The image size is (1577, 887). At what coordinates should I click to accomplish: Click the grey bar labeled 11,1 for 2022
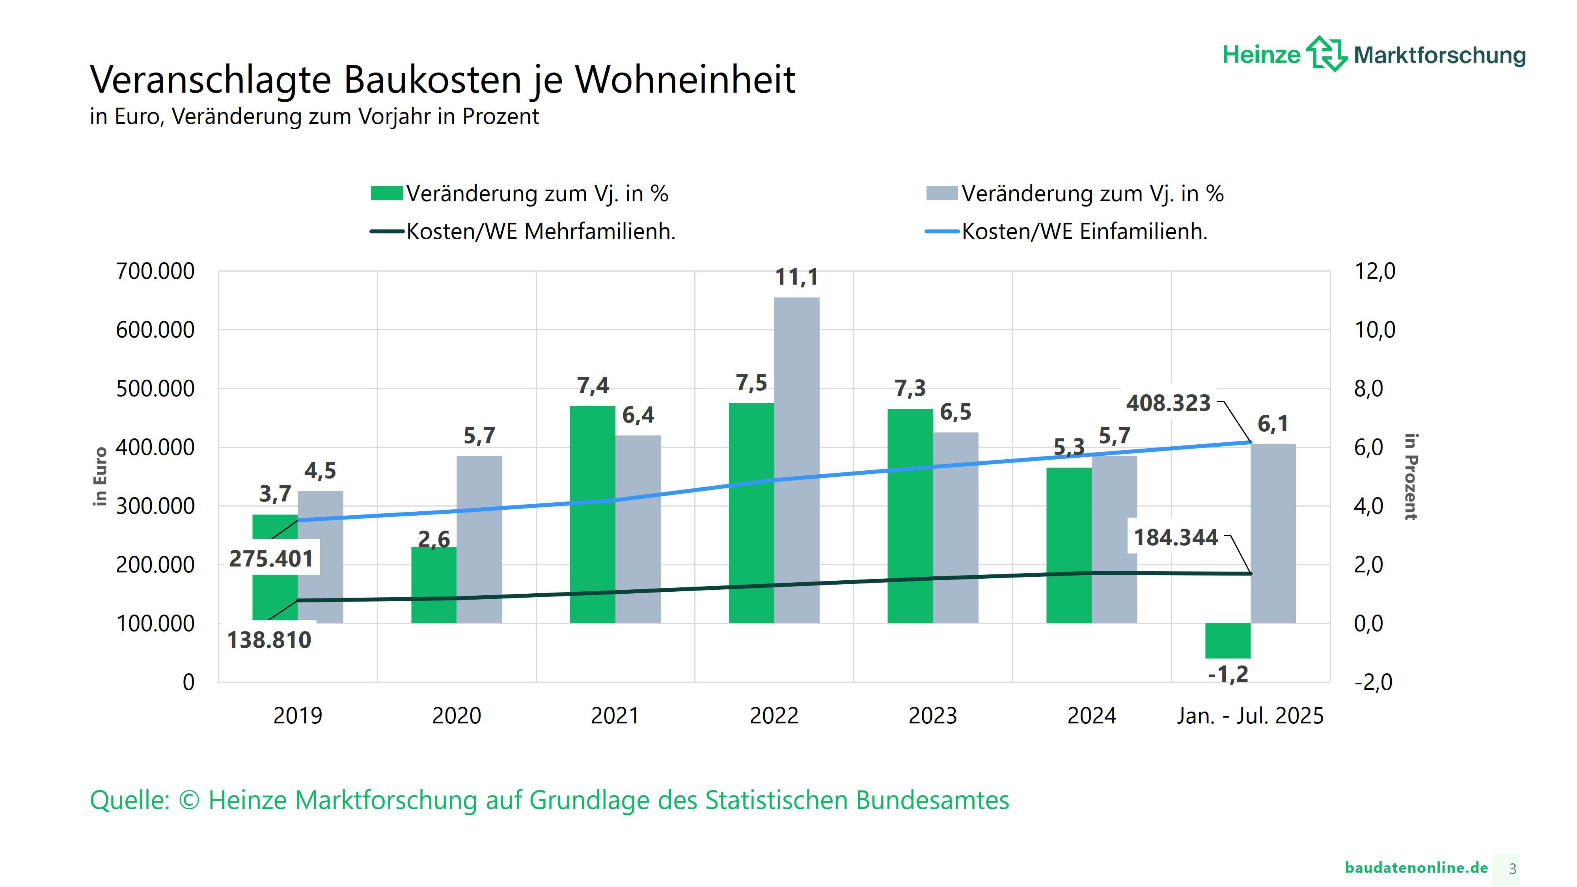point(796,459)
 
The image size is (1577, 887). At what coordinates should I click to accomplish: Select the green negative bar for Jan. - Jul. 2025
point(1227,640)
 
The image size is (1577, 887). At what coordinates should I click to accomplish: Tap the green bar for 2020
point(433,585)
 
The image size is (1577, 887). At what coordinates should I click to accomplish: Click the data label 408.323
point(1168,403)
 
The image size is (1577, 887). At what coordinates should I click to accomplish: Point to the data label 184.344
point(1175,537)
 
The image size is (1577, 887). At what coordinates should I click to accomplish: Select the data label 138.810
point(269,640)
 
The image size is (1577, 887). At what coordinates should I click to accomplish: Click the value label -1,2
point(1227,675)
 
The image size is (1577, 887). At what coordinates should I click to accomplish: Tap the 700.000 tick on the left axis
point(155,271)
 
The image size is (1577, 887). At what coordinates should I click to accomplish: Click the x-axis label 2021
point(615,716)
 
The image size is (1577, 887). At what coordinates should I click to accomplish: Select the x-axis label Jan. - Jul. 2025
point(1249,716)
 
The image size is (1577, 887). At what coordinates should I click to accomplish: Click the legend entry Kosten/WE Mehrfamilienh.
point(540,231)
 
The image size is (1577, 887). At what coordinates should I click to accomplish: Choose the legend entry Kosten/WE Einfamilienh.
point(1083,231)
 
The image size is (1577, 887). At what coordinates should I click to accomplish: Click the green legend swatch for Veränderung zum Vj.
point(386,194)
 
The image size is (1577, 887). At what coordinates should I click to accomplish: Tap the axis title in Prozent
point(1411,476)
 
